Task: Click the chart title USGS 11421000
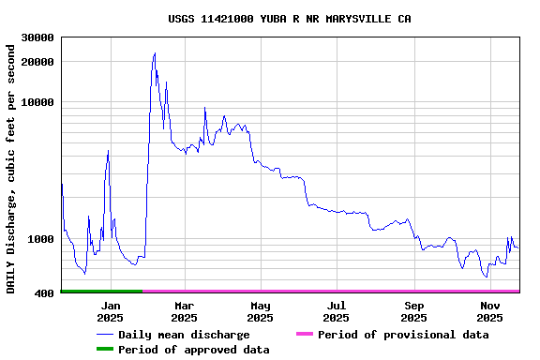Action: [x=289, y=19]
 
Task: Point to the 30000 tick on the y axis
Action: [x=37, y=37]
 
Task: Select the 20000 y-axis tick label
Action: [x=37, y=62]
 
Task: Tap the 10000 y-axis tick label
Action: [x=37, y=102]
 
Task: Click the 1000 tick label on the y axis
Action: [x=40, y=239]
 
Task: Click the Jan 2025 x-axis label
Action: [x=110, y=311]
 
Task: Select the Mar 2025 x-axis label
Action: [x=184, y=311]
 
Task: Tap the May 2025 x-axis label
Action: [x=261, y=311]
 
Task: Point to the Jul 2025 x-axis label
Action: [x=337, y=311]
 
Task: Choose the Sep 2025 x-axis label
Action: [x=414, y=311]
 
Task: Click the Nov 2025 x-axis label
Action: [x=490, y=311]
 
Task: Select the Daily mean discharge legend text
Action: [x=184, y=335]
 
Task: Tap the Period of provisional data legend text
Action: [x=403, y=335]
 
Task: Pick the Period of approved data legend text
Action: [x=194, y=350]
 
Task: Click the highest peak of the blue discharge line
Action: [x=155, y=53]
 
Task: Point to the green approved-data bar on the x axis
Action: [x=101, y=292]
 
